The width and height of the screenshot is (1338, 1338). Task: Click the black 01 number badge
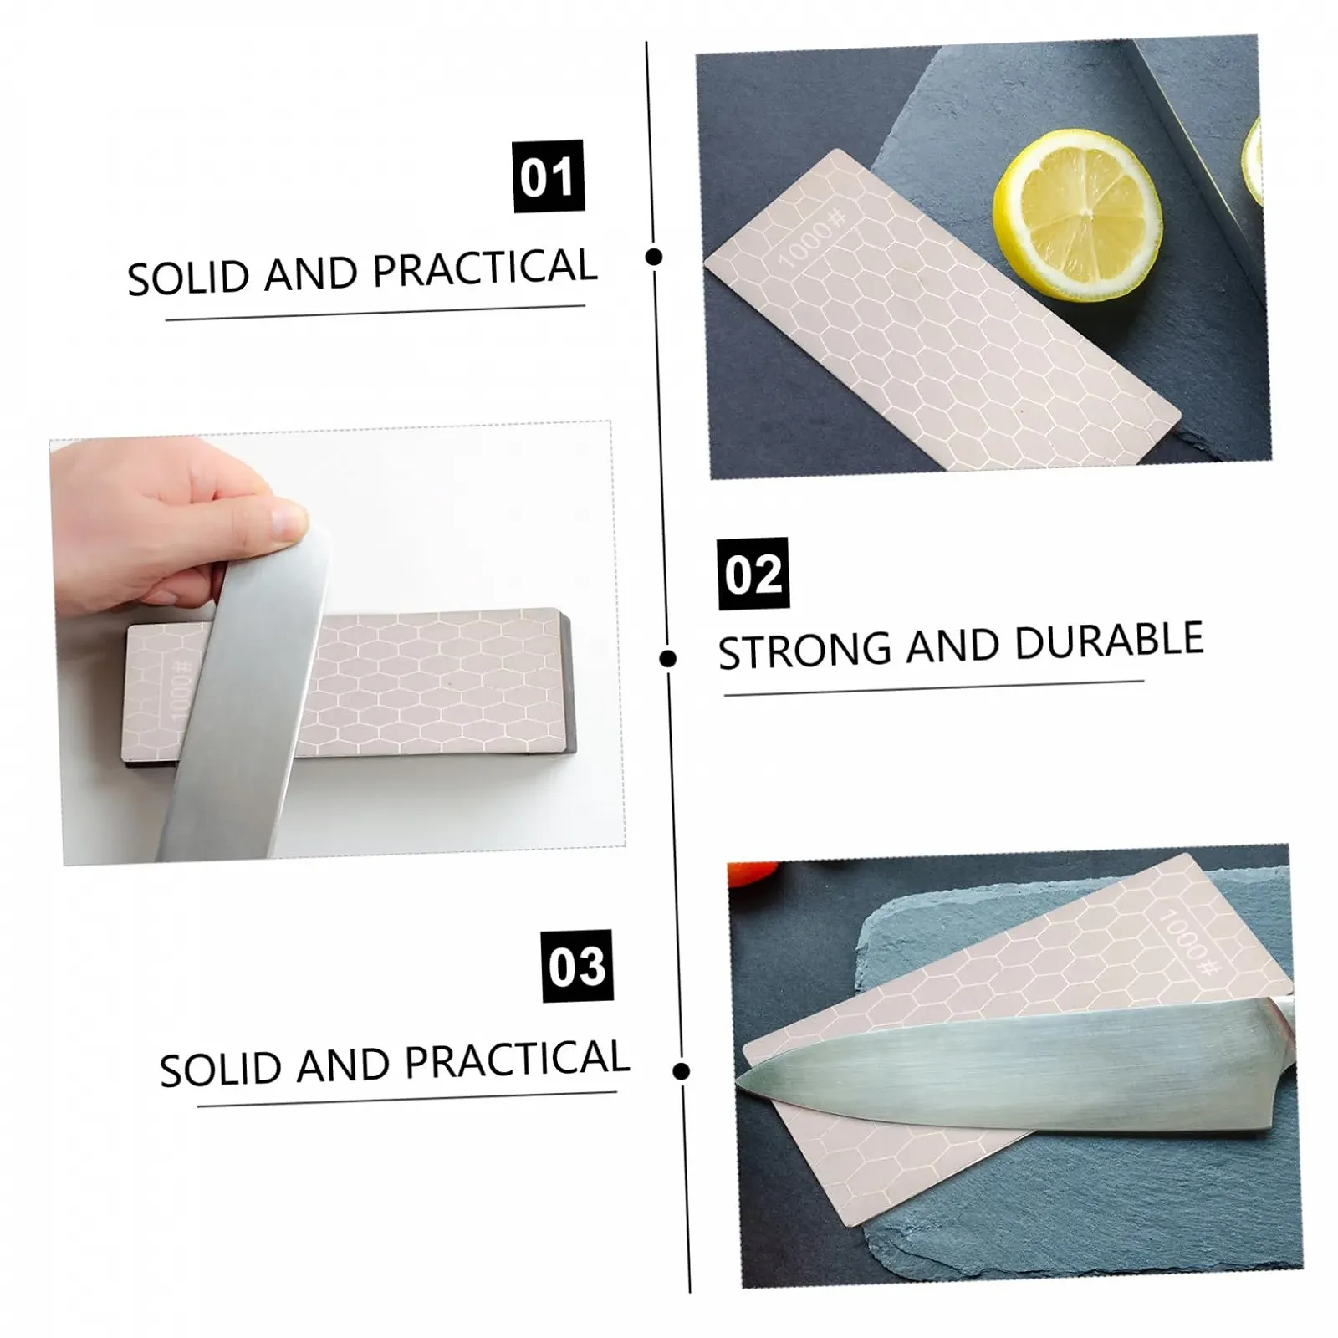[x=548, y=176]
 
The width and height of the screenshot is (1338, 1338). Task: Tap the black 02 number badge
[x=753, y=574]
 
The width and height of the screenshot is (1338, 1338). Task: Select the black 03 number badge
[x=577, y=966]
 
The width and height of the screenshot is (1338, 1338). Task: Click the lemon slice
[x=1077, y=216]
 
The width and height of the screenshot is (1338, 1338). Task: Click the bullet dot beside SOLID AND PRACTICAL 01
[x=655, y=257]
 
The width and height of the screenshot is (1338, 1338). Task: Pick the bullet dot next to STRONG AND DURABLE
[x=667, y=659]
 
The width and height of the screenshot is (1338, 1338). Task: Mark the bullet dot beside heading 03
[x=682, y=1070]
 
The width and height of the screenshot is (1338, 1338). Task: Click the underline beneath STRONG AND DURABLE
[x=933, y=687]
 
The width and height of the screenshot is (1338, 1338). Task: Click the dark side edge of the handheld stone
[x=569, y=682]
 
